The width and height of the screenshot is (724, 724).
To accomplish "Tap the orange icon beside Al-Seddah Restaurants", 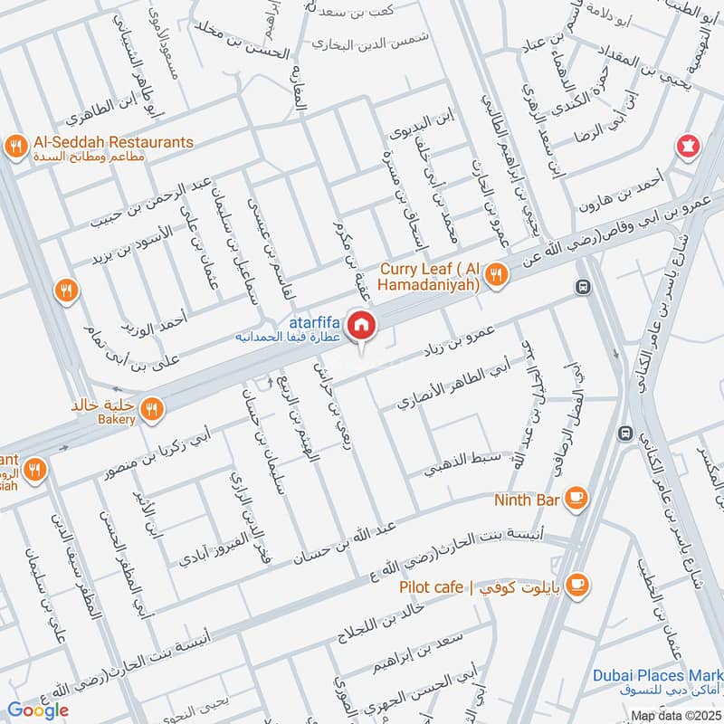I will click(14, 145).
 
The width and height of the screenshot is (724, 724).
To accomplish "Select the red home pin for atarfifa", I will click(361, 325).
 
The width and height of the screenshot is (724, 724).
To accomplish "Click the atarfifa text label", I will click(314, 320).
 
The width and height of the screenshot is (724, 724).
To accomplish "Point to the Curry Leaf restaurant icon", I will click(496, 273).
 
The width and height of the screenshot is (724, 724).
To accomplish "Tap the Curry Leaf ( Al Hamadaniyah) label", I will click(431, 275).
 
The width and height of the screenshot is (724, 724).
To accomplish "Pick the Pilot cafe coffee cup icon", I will click(580, 584).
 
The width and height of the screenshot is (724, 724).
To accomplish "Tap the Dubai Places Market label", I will click(658, 676).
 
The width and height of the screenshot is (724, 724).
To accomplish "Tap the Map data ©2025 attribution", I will click(674, 716).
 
